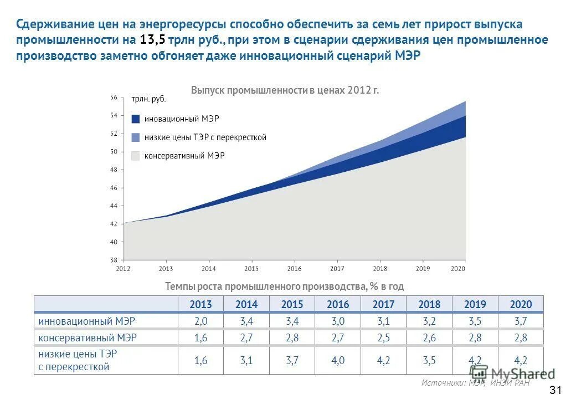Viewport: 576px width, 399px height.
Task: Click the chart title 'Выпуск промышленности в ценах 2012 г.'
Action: click(285, 90)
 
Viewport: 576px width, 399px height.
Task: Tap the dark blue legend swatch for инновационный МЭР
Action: click(136, 119)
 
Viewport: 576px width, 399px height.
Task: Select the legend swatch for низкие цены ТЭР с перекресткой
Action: click(136, 137)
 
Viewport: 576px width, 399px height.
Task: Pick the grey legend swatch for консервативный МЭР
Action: click(136, 156)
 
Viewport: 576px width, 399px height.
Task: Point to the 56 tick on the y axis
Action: click(114, 98)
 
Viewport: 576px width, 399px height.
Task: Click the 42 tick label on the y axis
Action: click(114, 224)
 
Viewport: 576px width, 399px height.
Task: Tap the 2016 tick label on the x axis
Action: click(294, 269)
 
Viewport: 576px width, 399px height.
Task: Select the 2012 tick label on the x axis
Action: click(123, 269)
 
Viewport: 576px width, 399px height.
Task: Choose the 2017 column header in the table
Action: click(383, 304)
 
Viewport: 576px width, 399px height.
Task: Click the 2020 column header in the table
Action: click(521, 304)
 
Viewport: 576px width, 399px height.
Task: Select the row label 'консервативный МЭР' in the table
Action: click(88, 337)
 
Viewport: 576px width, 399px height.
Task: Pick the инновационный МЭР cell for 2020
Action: click(521, 321)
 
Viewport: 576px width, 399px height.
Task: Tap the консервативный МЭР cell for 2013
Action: click(200, 337)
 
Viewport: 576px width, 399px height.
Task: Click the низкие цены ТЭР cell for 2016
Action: click(338, 360)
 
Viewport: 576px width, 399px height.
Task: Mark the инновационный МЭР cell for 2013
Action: click(200, 321)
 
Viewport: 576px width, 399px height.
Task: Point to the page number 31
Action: click(556, 388)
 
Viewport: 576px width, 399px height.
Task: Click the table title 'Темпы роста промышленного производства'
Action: click(284, 287)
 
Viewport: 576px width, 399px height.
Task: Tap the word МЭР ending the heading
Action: click(409, 57)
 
